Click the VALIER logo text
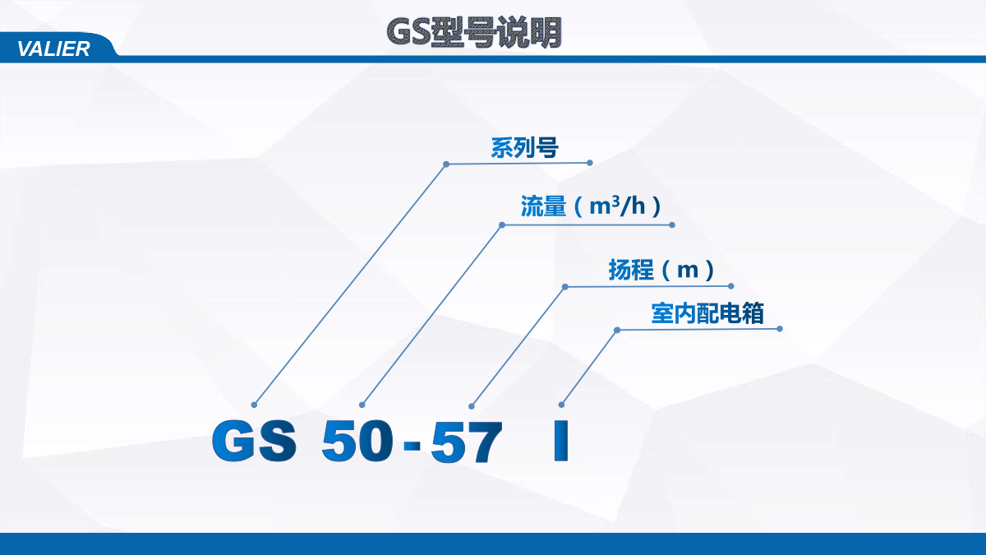(53, 49)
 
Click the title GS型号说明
(474, 32)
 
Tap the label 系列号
(524, 147)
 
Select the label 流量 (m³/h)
(591, 206)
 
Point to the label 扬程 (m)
(661, 270)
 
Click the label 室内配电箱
(707, 313)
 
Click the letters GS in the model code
(254, 441)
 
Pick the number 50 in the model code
(357, 441)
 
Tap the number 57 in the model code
(467, 442)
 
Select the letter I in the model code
(560, 441)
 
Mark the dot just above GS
(254, 405)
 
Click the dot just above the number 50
(362, 405)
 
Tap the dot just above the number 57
(472, 406)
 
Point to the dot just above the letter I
(561, 405)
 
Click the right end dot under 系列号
(590, 163)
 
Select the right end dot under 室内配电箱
(780, 329)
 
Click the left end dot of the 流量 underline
(502, 225)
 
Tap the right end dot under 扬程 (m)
(730, 286)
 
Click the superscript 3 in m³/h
(615, 201)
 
